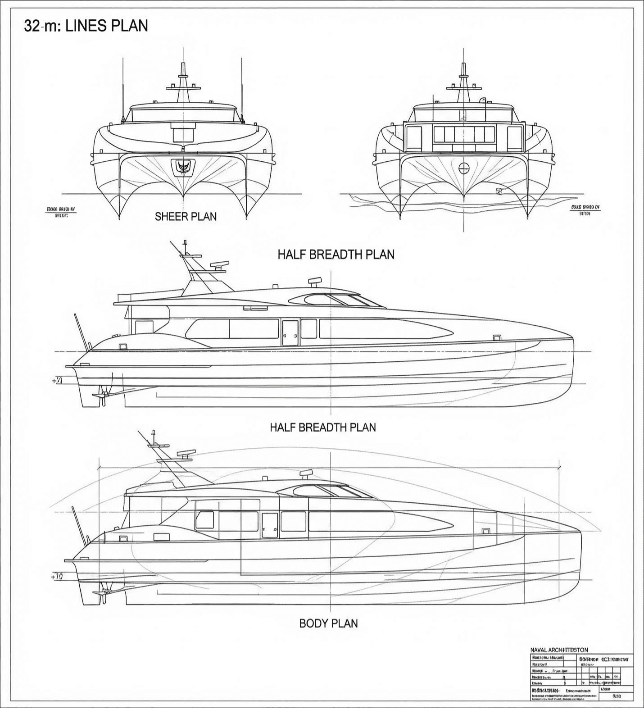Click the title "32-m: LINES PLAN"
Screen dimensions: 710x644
[x=86, y=26]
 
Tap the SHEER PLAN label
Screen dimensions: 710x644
[x=186, y=217]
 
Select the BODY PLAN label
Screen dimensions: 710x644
[x=328, y=624]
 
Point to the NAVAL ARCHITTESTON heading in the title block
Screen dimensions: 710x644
[x=559, y=650]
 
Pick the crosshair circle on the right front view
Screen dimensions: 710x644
[x=464, y=168]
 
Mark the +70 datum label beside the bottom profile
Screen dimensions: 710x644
[x=57, y=577]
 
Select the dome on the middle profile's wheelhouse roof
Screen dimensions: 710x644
[x=315, y=282]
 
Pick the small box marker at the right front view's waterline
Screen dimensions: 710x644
[x=499, y=191]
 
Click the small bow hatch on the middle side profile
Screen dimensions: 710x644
[x=497, y=337]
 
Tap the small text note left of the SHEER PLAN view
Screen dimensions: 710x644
[x=61, y=212]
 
